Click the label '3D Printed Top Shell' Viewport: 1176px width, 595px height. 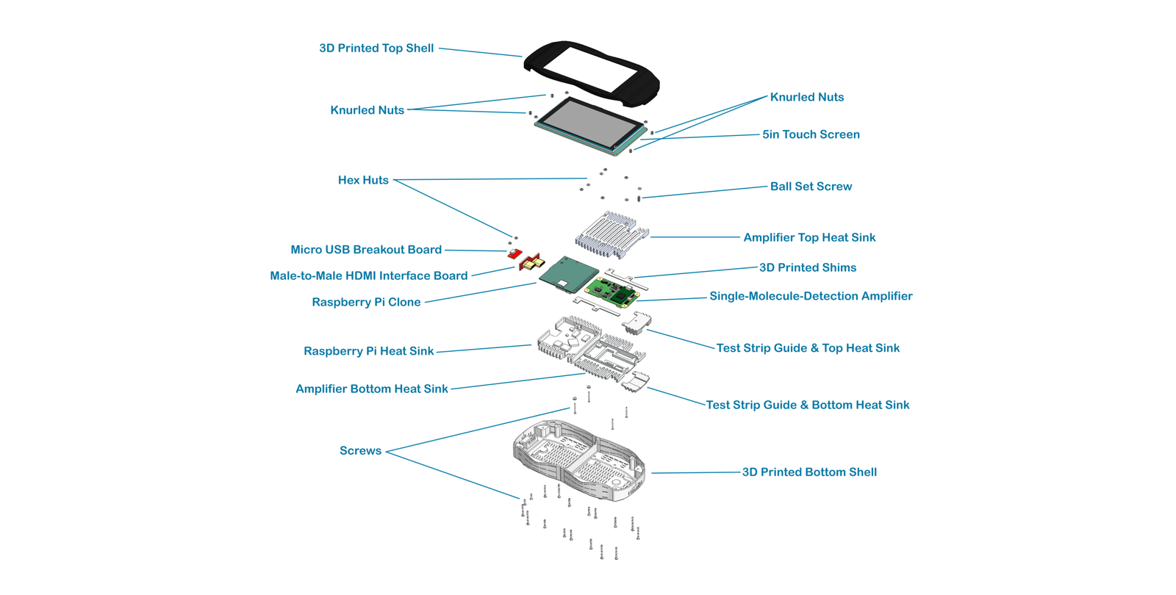(376, 48)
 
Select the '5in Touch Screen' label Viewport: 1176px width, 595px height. (811, 134)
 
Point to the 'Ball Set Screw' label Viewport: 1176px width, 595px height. (811, 187)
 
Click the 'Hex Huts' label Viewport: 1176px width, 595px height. (363, 180)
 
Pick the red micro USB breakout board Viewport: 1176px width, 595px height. (514, 254)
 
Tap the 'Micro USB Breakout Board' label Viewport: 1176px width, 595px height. (366, 250)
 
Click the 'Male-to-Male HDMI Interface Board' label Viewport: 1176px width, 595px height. (368, 276)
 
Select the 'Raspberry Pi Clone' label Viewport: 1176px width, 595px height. (366, 303)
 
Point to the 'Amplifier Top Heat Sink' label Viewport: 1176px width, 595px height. (809, 237)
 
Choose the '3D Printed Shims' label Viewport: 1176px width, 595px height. (807, 268)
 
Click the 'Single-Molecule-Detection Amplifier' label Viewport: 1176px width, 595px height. (811, 296)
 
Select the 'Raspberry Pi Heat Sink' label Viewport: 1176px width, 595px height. (368, 351)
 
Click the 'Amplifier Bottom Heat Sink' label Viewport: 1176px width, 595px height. (371, 389)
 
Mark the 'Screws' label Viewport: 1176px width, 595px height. (360, 451)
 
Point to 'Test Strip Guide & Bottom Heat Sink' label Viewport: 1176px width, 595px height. (807, 405)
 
